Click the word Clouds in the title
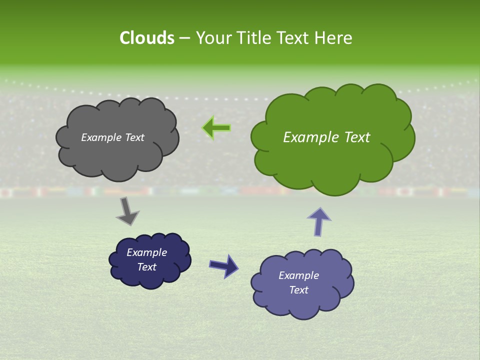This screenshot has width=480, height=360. click(x=146, y=38)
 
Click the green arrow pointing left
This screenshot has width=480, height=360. click(x=216, y=128)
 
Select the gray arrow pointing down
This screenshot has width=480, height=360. click(x=127, y=211)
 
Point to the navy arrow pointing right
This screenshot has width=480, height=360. click(x=224, y=265)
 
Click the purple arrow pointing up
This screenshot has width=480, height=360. click(x=319, y=221)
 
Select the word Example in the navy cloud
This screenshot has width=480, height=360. click(x=146, y=252)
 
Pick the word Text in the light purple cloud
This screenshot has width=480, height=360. click(x=298, y=290)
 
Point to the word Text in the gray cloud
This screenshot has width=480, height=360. click(x=134, y=137)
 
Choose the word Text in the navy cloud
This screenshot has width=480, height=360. click(x=146, y=267)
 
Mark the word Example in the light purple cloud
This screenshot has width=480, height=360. click(x=298, y=275)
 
